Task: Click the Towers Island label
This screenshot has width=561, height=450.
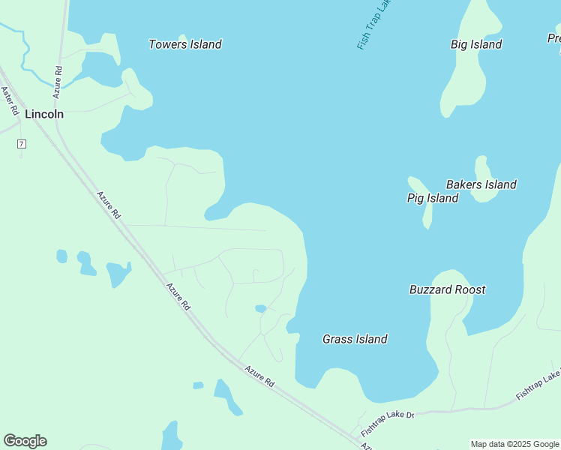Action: click(x=184, y=44)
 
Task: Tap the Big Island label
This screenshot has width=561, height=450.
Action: click(x=476, y=44)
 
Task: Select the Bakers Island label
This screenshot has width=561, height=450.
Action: click(x=481, y=184)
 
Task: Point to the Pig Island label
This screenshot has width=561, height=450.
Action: click(x=432, y=198)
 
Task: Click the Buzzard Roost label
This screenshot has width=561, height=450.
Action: click(x=447, y=289)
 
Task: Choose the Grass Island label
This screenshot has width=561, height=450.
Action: click(x=355, y=339)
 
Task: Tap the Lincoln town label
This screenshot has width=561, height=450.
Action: click(x=44, y=115)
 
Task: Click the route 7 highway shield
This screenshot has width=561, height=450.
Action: click(x=22, y=144)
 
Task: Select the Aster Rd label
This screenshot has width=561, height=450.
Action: click(x=10, y=100)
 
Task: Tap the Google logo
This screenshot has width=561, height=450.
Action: click(x=25, y=441)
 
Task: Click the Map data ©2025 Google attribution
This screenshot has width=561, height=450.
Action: click(x=514, y=444)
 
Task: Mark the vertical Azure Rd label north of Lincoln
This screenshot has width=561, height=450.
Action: click(x=58, y=82)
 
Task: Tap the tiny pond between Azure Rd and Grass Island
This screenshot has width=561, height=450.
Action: click(x=260, y=308)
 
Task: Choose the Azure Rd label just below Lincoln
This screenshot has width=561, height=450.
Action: click(x=108, y=204)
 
